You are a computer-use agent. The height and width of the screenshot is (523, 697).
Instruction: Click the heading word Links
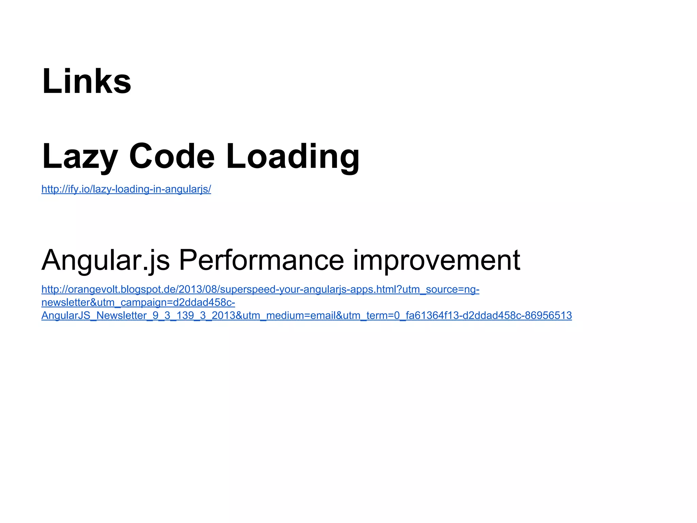86,81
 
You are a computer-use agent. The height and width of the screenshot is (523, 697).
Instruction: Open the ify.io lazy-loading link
126,189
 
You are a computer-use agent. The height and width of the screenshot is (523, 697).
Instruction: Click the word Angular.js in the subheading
106,260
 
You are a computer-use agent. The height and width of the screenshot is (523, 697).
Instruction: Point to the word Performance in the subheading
261,260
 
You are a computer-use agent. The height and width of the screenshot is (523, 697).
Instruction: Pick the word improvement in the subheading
436,260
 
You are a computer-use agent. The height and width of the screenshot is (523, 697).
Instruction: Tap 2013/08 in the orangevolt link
198,289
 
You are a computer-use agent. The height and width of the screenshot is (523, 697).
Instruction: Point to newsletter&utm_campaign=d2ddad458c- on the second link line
138,302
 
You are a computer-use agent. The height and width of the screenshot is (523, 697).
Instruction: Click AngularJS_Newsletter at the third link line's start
94,316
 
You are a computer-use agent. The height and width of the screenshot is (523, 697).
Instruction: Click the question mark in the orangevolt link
399,289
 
